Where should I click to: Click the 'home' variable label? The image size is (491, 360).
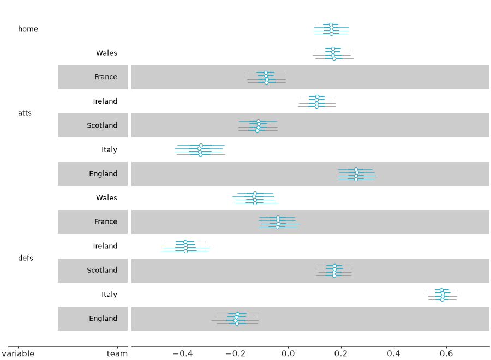tap(28, 29)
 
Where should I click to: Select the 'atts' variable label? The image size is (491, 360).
tap(25, 113)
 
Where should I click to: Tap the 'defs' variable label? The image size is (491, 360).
tap(26, 258)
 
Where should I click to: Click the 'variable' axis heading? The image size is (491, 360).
tap(18, 354)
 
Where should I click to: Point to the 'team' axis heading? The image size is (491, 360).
tap(117, 354)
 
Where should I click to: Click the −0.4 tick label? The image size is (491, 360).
tap(183, 354)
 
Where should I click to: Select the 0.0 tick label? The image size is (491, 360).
tap(288, 354)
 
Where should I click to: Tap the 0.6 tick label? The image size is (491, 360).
tap(446, 354)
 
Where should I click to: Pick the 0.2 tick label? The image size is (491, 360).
tap(340, 354)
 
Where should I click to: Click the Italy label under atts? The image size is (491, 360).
tap(109, 149)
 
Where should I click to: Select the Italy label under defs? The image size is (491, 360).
tap(109, 294)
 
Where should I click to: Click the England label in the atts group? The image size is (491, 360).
tap(103, 174)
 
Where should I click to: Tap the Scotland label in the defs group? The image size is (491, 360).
tap(102, 270)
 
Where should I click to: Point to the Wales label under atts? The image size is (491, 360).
tap(106, 53)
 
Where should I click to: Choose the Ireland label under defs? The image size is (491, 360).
tap(105, 246)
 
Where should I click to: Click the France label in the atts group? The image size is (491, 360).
tap(106, 77)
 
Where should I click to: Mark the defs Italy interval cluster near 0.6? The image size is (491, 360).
tap(442, 295)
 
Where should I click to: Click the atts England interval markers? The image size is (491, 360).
tap(356, 175)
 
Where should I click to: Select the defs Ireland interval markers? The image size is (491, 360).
tap(185, 247)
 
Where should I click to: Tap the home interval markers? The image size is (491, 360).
tap(331, 29)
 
